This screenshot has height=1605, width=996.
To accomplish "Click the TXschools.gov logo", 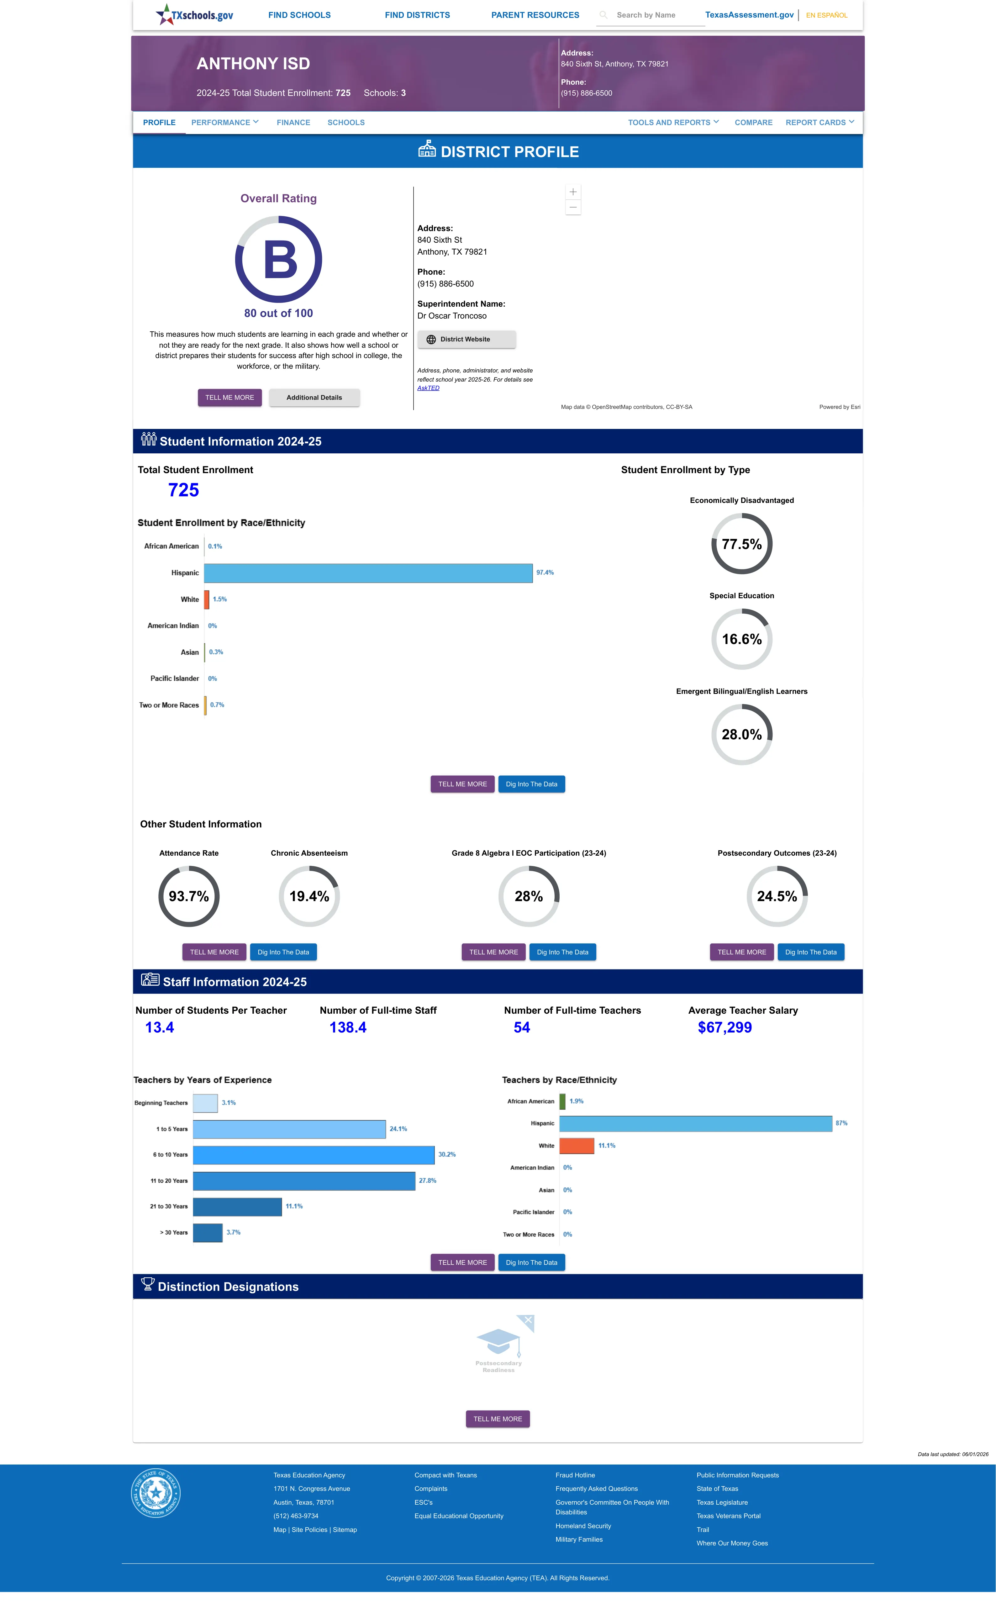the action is pos(194,14).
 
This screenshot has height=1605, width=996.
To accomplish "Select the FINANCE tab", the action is pos(293,123).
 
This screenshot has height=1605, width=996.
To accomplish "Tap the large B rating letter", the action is pos(280,260).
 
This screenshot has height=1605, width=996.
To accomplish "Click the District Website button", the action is pos(466,339).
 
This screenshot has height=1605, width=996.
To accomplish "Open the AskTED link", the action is pos(428,388).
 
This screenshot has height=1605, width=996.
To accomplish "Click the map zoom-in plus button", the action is pos(573,192).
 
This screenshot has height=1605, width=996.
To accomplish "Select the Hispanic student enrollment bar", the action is pos(368,573).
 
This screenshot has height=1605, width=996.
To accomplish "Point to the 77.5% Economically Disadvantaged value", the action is pos(742,544).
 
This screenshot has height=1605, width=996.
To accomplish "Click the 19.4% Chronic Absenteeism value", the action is pos(309,896).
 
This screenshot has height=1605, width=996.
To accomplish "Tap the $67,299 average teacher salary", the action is pos(725,1027).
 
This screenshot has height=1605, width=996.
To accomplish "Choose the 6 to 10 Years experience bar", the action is pos(314,1154).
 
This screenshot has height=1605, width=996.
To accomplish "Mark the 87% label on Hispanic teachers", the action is pos(841,1123).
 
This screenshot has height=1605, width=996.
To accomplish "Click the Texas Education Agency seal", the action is pos(155,1492).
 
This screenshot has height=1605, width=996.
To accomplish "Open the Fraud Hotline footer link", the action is pos(575,1475).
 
